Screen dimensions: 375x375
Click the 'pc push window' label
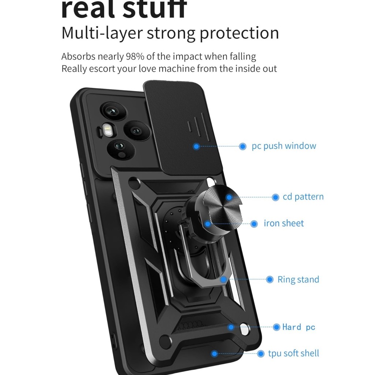(x=284, y=146)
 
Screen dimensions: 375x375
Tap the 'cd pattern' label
(x=303, y=197)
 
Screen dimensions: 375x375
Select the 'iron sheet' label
(x=284, y=223)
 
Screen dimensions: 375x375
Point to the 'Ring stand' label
(x=298, y=279)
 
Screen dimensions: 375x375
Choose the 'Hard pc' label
(x=299, y=327)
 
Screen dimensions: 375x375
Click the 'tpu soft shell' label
(x=293, y=353)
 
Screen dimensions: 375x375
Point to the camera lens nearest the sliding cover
(x=137, y=131)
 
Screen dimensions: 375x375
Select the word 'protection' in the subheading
(x=239, y=33)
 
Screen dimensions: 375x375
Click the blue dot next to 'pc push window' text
(x=242, y=146)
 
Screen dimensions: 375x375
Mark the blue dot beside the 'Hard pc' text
(x=276, y=327)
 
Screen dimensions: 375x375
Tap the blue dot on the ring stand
(x=223, y=279)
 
